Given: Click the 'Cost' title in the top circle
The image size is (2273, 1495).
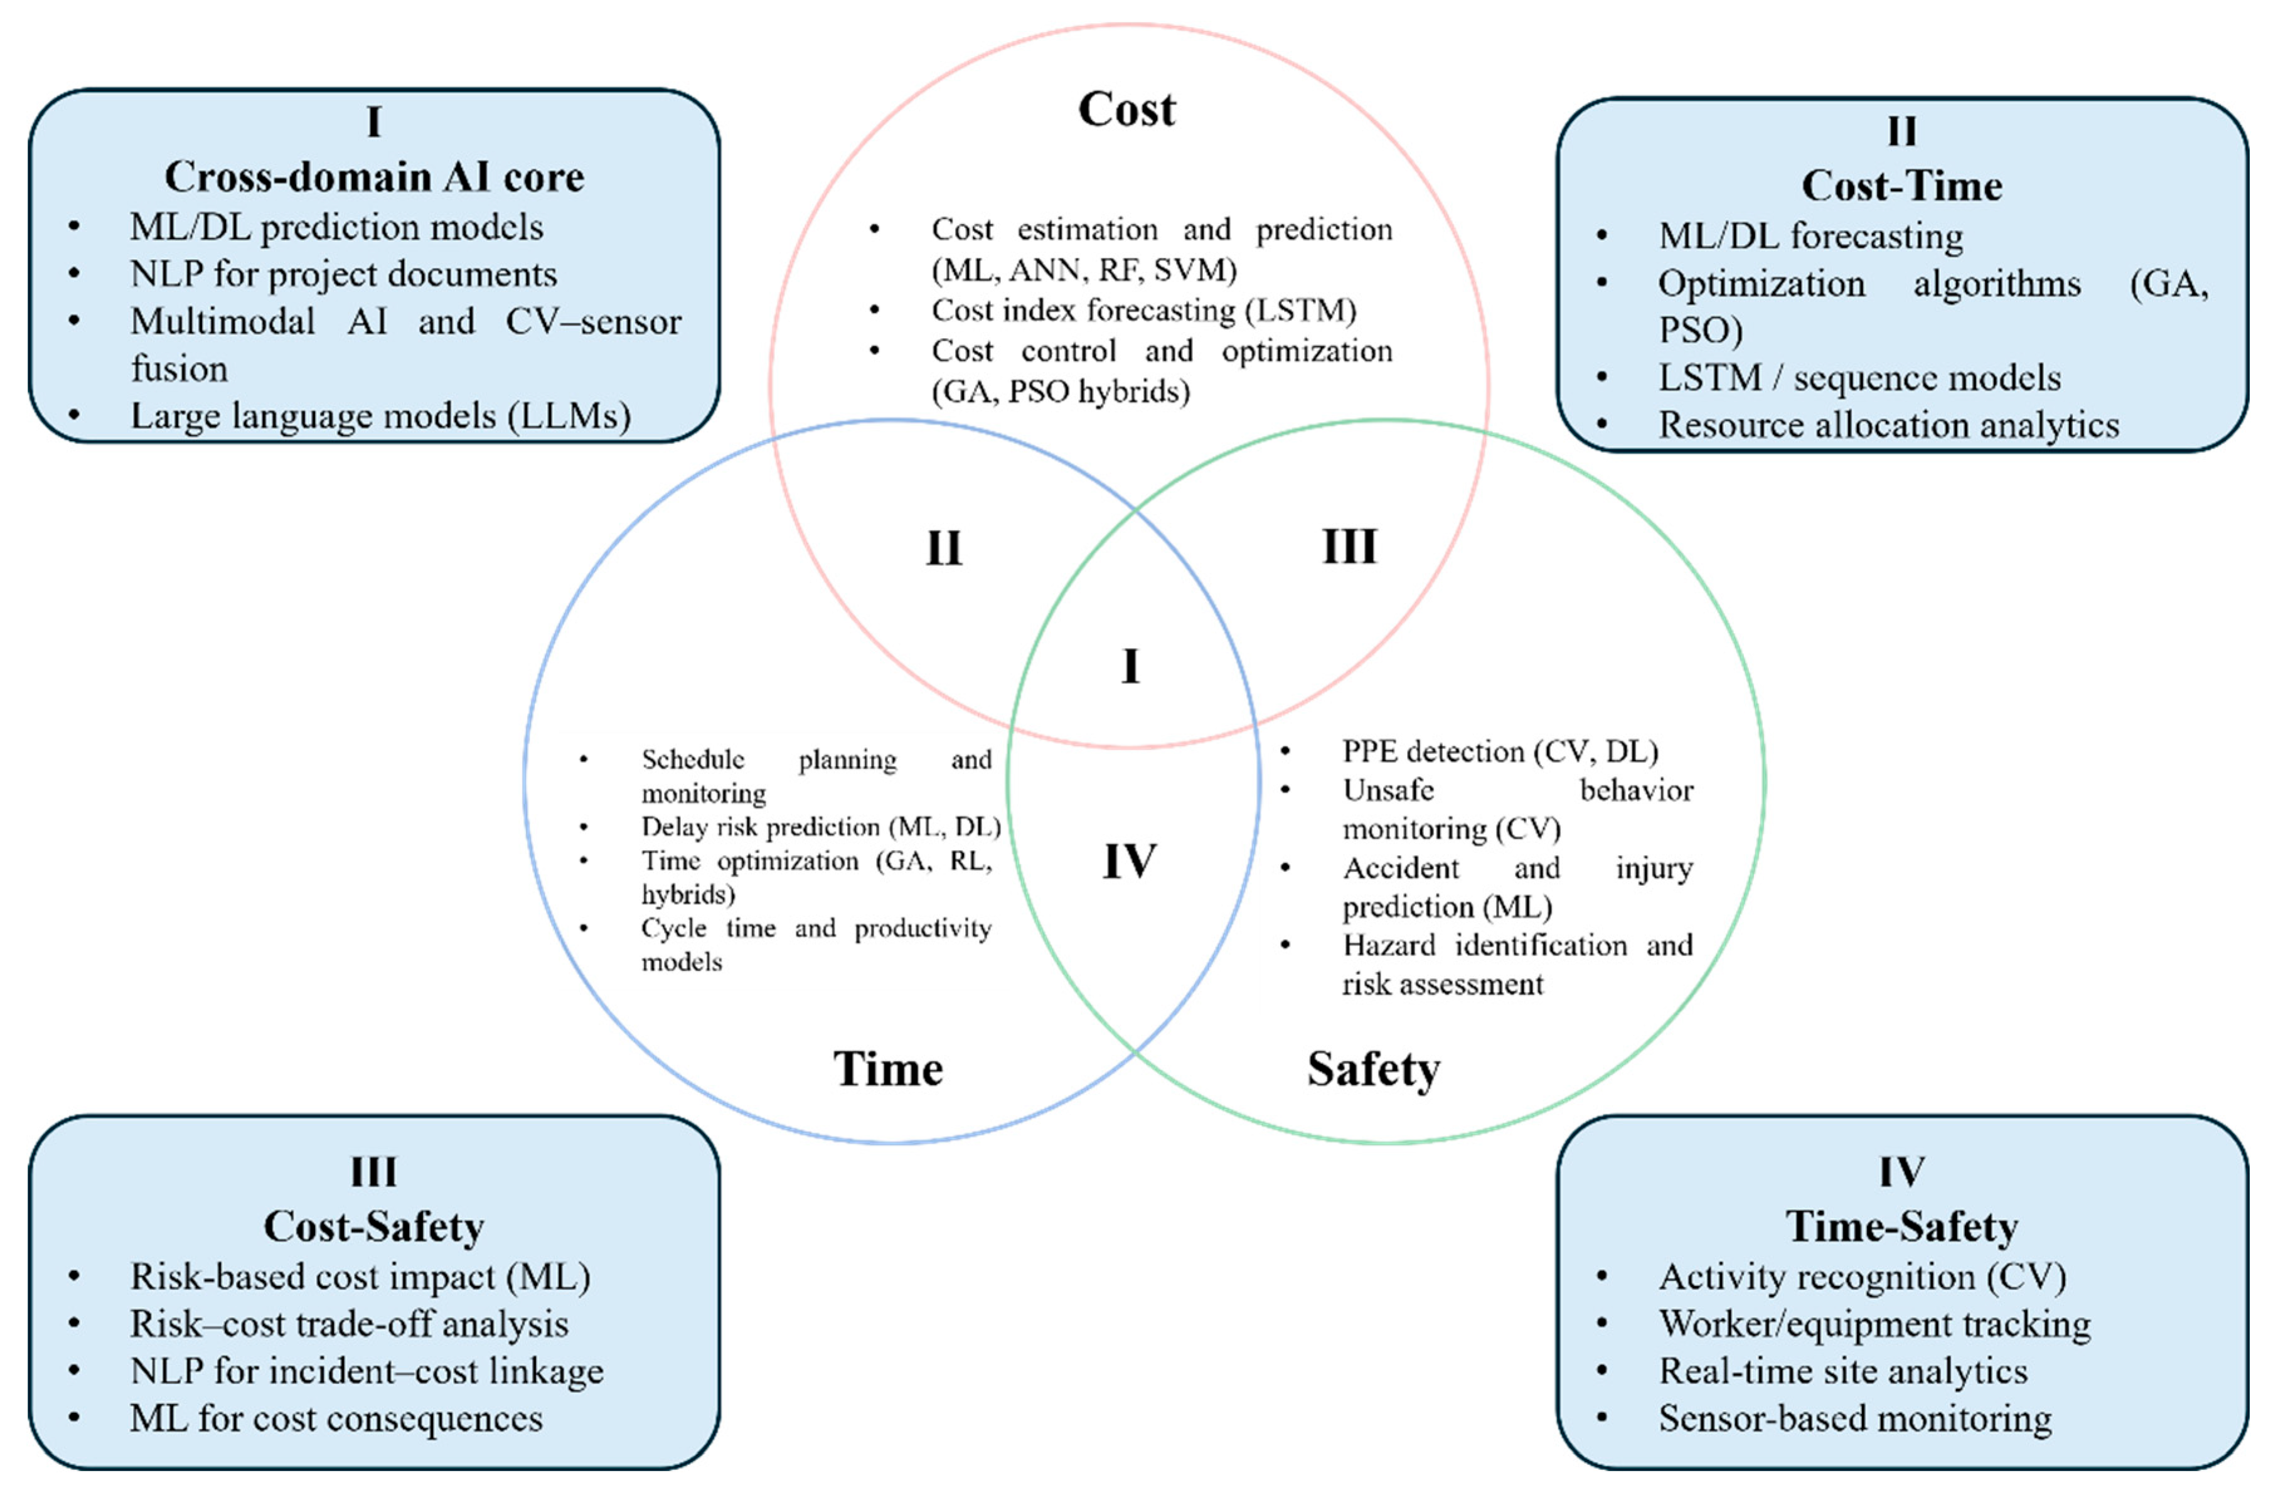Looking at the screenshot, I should (1127, 110).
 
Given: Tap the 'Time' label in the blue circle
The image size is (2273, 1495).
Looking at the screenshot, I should (888, 1069).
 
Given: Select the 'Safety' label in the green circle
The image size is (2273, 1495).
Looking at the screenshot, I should (1373, 1069).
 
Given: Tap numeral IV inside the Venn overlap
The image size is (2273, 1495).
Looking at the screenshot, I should (1130, 861).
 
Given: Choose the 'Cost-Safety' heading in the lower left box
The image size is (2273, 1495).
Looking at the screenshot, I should (373, 1226).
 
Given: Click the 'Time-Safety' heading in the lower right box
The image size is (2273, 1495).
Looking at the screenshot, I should (1901, 1226).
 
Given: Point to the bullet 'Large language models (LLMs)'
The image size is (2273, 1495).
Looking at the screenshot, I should (380, 416).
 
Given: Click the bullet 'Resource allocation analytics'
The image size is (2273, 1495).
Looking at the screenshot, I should (1888, 425).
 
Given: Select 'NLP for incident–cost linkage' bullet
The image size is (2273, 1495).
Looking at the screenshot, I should (366, 1371).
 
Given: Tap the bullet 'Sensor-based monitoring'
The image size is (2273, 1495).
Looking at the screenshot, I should (1854, 1418).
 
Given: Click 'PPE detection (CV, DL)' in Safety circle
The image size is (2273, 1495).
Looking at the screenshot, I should (1499, 752).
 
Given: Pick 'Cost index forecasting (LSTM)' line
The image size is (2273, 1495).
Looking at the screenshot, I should (1143, 311).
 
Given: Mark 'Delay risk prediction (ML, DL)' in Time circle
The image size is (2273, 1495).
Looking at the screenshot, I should (820, 827).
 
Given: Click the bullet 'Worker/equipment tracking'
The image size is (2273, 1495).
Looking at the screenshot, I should (1874, 1324).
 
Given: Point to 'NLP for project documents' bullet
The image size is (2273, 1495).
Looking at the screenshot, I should (343, 275).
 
